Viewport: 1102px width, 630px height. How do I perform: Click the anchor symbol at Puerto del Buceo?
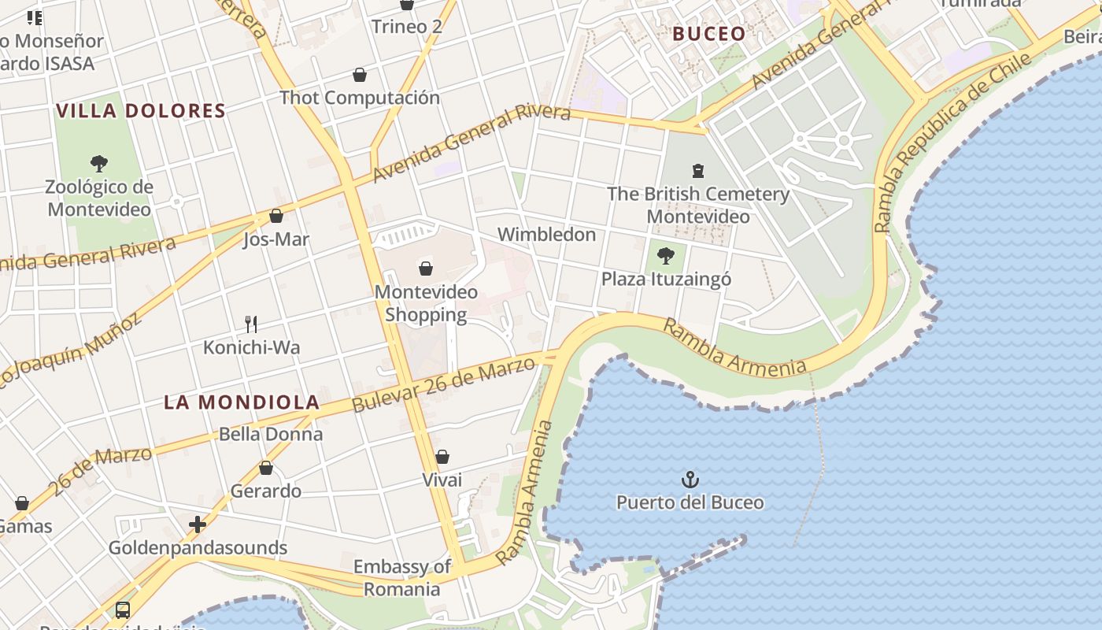690,479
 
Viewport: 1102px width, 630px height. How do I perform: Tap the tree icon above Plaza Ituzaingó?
666,256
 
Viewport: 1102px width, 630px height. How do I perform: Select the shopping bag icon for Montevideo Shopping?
426,269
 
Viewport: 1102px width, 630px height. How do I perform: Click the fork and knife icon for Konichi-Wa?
251,324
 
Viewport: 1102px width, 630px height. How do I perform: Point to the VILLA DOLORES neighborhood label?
141,111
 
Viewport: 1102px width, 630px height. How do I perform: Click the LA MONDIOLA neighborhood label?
242,402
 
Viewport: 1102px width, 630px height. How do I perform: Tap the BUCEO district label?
709,34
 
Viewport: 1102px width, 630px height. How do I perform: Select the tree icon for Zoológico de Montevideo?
99,164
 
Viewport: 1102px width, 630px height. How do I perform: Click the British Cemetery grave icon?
697,170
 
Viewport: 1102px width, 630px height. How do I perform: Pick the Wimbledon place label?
546,235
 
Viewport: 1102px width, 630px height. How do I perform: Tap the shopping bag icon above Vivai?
442,457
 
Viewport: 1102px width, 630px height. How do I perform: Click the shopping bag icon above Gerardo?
266,468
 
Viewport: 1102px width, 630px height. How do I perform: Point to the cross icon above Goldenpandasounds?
198,524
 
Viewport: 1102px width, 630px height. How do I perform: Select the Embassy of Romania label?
402,577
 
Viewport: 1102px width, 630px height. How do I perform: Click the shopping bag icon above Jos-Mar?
276,216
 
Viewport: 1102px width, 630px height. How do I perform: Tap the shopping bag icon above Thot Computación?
360,75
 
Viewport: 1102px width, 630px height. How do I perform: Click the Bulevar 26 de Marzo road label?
445,384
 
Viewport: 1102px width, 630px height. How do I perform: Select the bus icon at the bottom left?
123,610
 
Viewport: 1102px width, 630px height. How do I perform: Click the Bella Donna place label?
271,434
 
